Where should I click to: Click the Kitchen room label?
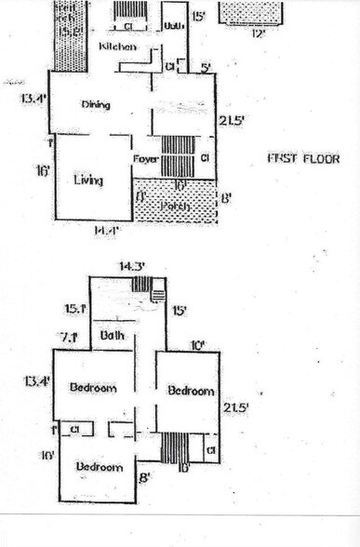(119, 46)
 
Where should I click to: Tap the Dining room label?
(96, 104)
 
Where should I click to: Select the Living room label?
(88, 180)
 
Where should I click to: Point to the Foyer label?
(145, 159)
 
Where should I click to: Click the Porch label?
(174, 206)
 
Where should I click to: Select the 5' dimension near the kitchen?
(205, 66)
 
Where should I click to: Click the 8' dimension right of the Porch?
(225, 197)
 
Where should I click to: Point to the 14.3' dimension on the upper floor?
(130, 266)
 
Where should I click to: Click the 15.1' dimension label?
(74, 310)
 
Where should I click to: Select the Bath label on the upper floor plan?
(113, 336)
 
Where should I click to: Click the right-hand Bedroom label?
(191, 392)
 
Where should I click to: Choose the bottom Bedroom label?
(100, 466)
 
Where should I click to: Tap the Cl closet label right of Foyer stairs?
(205, 159)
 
